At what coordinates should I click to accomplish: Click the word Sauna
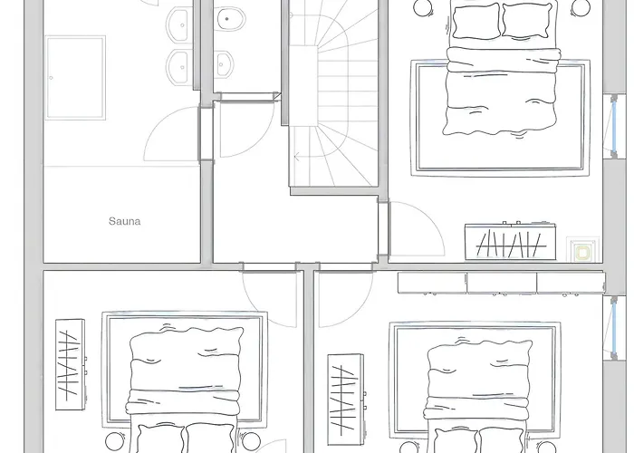point(125,221)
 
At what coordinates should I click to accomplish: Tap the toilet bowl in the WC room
point(230,19)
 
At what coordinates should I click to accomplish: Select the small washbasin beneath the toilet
point(224,64)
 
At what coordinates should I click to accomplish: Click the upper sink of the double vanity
point(178,25)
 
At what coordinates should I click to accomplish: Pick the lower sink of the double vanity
point(178,67)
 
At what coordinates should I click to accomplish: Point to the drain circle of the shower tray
point(51,78)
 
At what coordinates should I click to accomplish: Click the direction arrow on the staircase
point(297,157)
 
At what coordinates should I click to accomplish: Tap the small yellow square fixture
point(582,253)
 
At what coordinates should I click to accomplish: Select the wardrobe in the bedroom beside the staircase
point(510,242)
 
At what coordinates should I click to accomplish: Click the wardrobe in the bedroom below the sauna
point(71,364)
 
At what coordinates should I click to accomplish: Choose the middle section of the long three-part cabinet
point(502,283)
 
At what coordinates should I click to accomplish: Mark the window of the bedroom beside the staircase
point(614,127)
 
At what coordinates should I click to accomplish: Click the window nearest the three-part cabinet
point(614,328)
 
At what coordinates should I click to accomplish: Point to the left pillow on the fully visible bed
point(476,21)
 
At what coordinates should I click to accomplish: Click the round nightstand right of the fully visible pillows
point(581,7)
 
